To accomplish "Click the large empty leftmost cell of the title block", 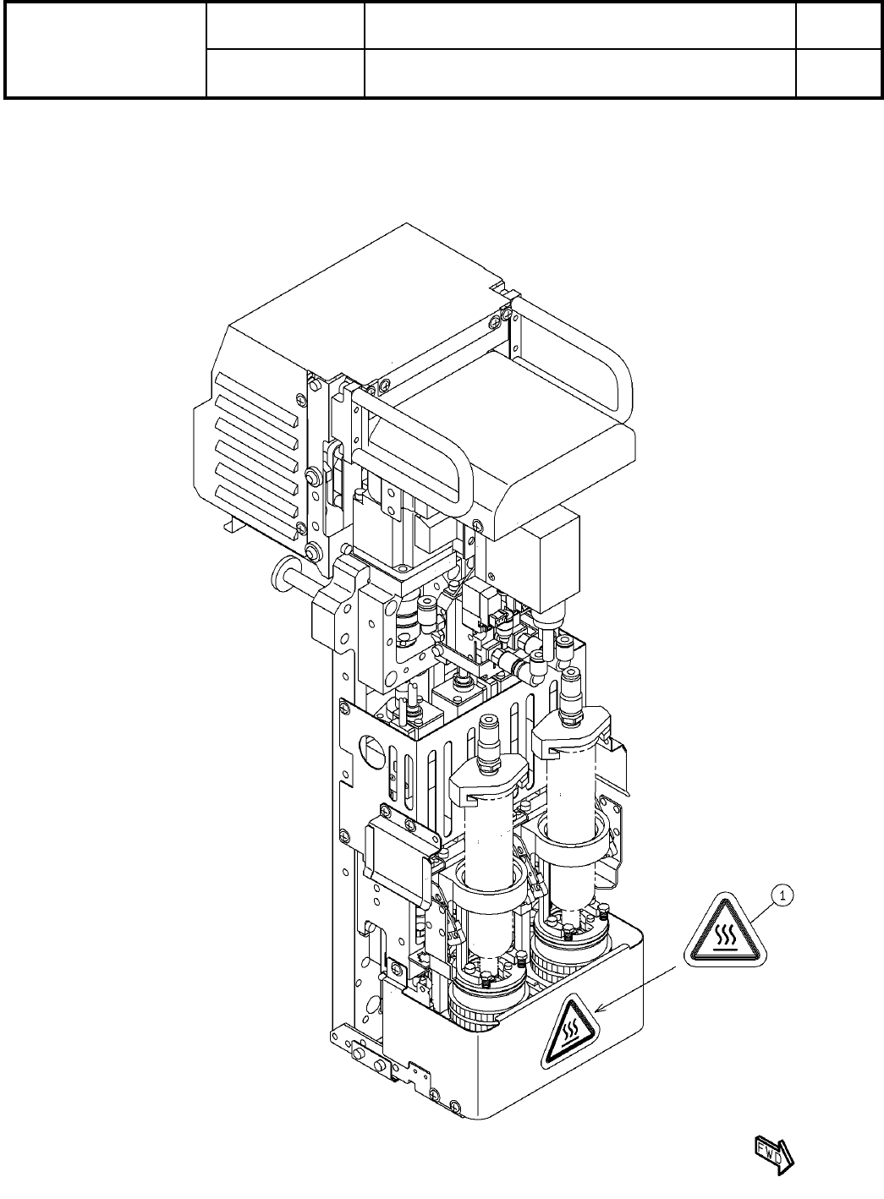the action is click(106, 49).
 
